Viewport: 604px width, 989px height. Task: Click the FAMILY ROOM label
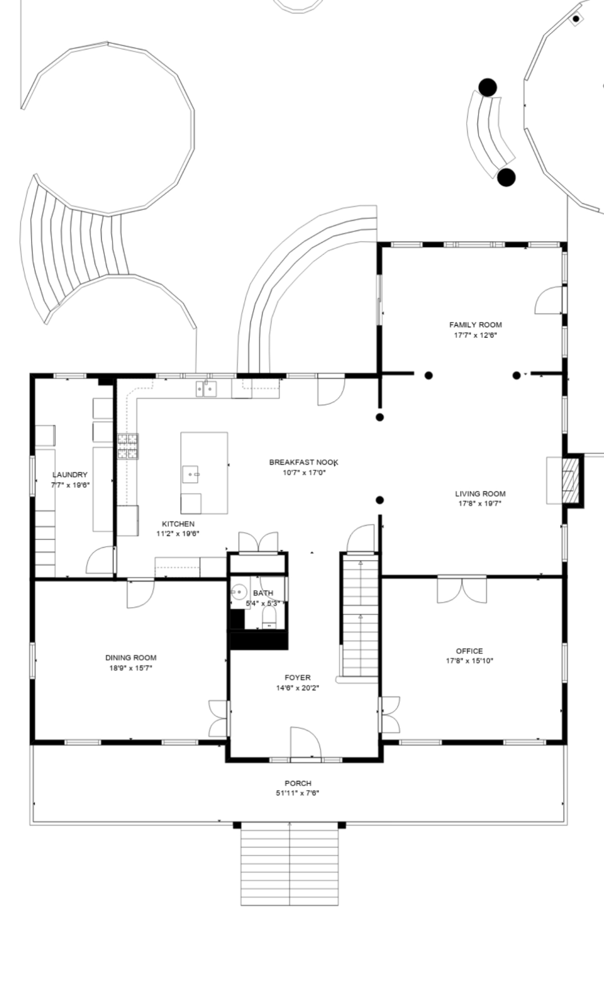(x=475, y=325)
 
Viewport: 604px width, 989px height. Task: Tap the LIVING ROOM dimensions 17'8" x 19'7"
(x=480, y=503)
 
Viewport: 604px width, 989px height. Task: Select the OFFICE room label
(x=469, y=651)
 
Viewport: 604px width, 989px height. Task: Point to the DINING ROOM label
(x=131, y=658)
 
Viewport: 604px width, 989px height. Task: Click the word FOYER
(x=298, y=677)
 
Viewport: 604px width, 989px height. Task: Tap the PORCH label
(x=298, y=783)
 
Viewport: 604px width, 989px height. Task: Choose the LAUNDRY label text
(x=70, y=474)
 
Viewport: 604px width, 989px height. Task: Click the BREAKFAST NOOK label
(x=304, y=462)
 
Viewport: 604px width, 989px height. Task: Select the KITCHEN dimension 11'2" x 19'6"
(x=178, y=534)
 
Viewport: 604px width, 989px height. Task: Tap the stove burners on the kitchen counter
(x=128, y=446)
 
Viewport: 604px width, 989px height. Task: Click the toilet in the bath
(x=269, y=617)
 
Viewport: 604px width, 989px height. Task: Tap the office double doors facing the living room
(x=462, y=589)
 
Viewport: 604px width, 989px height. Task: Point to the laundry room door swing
(x=100, y=560)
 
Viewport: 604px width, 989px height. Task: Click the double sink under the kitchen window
(x=206, y=388)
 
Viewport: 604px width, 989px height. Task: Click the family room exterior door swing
(x=548, y=300)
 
